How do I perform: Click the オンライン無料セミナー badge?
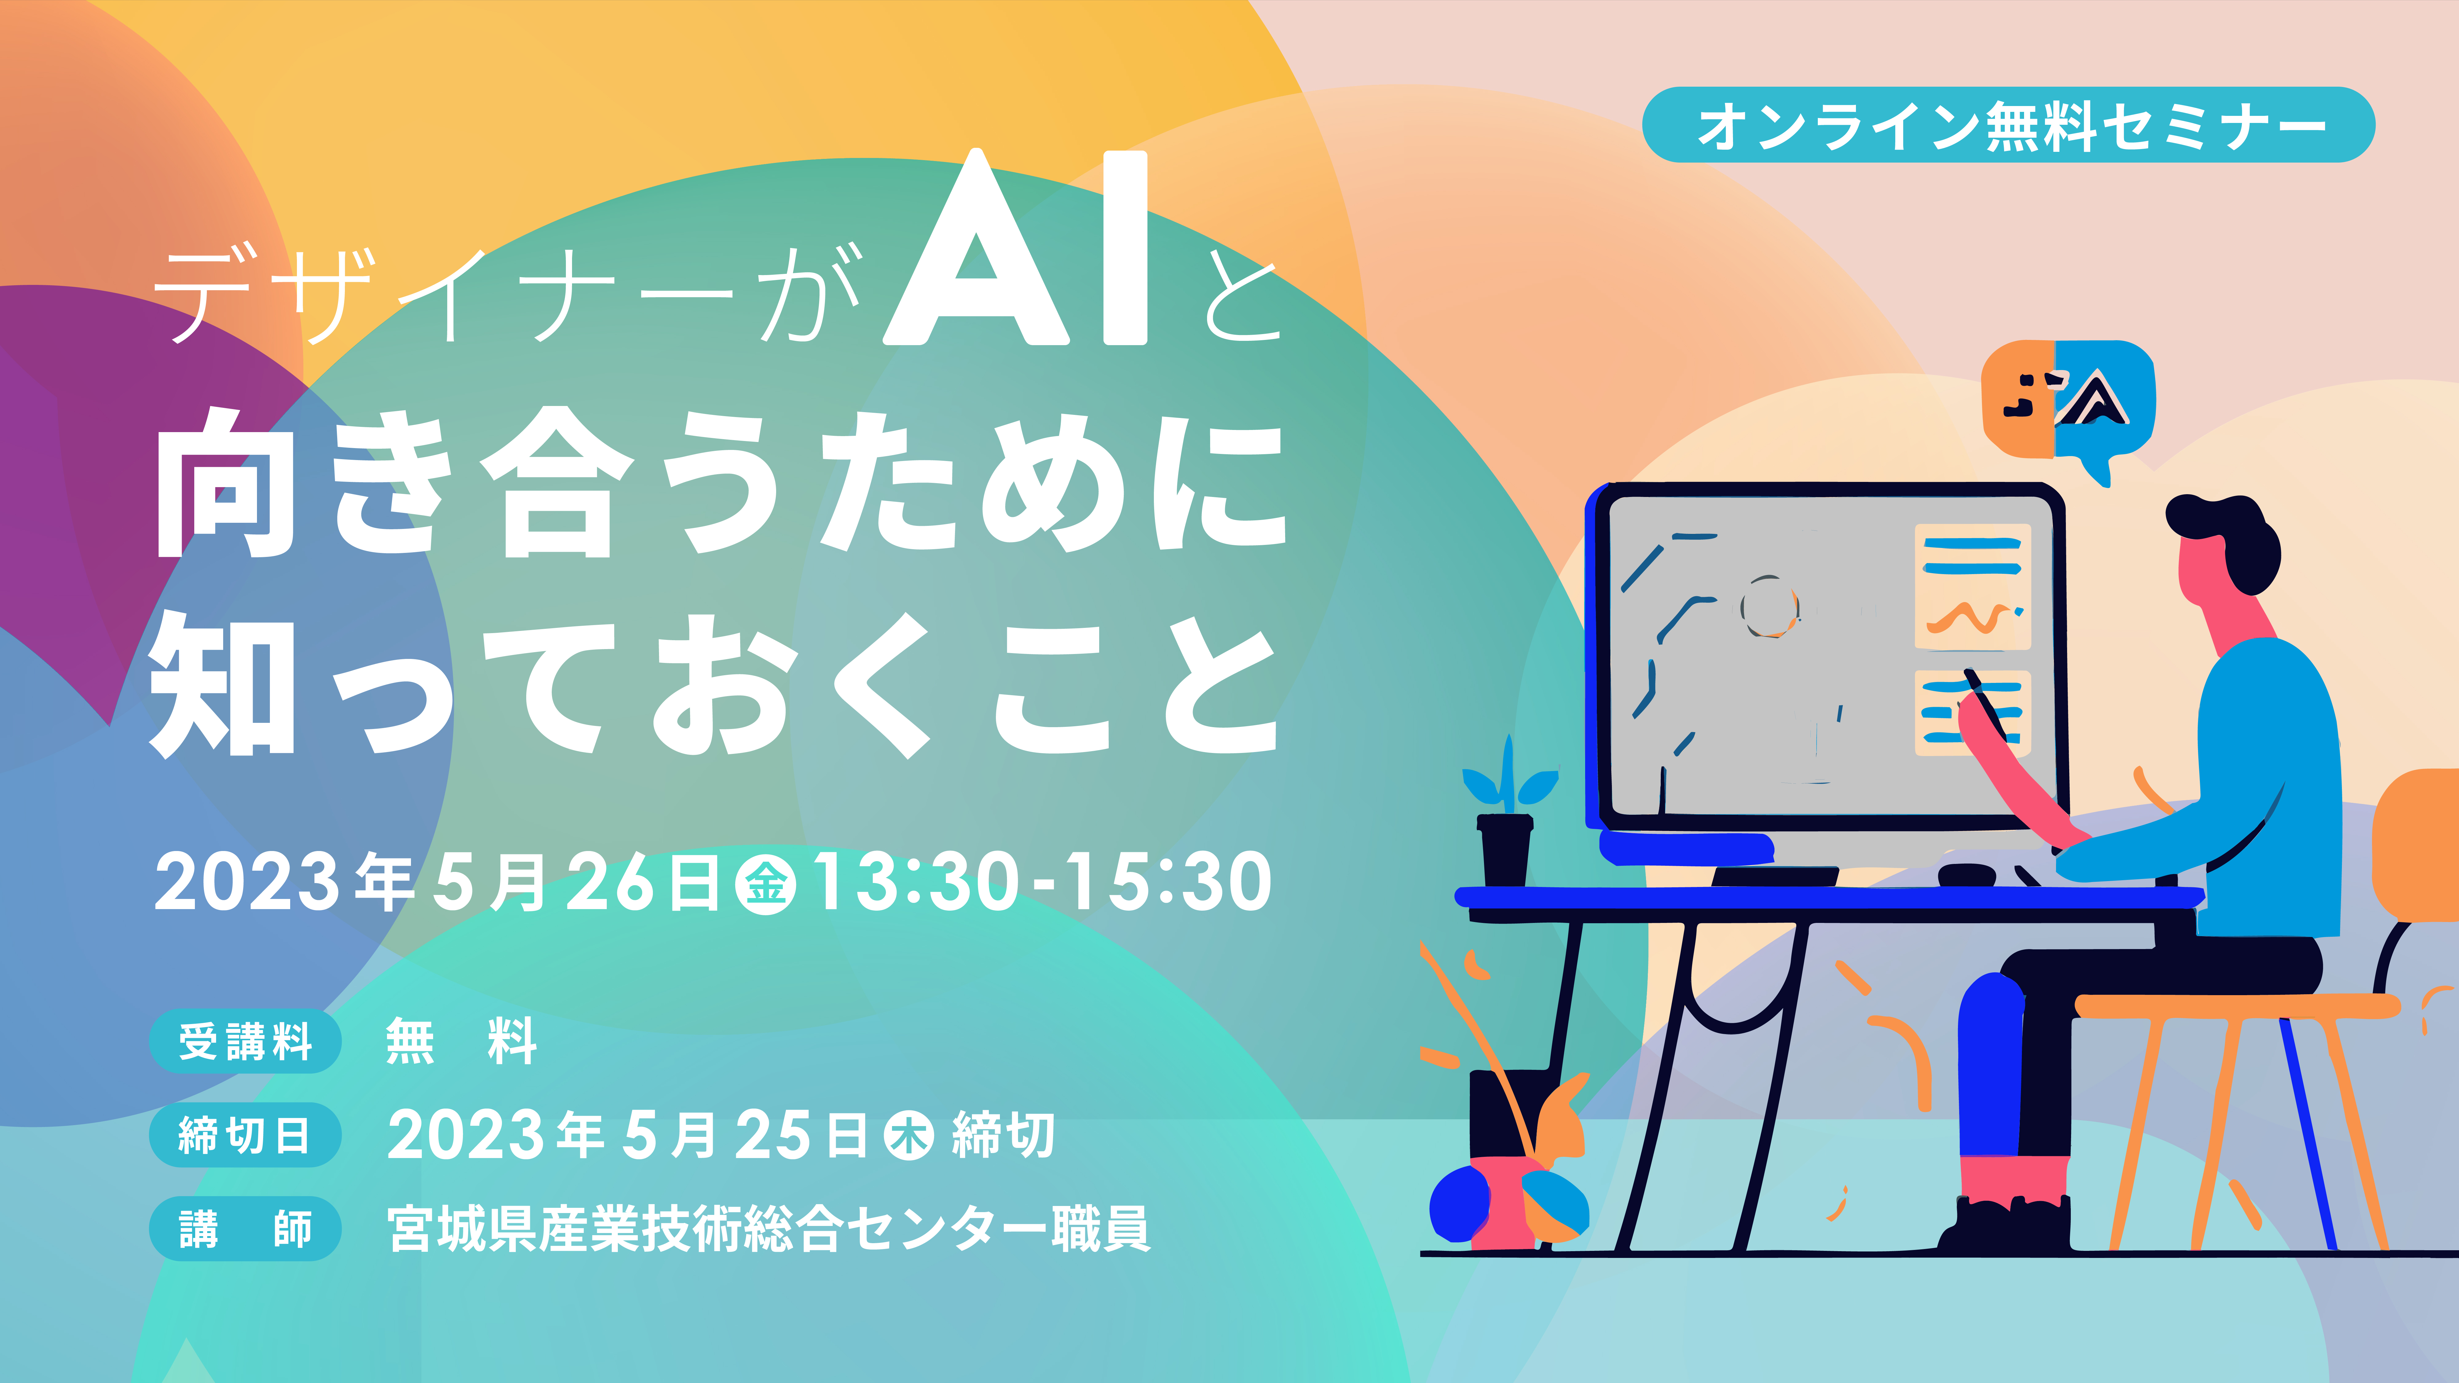click(x=2008, y=125)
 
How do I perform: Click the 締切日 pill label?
click(x=245, y=1135)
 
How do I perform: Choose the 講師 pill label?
click(x=245, y=1228)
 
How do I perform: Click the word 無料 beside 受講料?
click(x=462, y=1041)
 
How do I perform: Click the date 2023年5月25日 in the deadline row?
click(x=627, y=1136)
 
